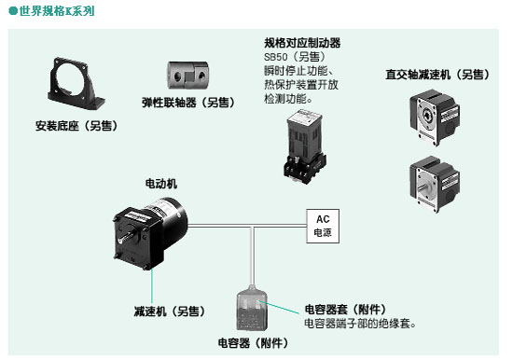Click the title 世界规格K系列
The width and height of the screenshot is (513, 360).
[56, 11]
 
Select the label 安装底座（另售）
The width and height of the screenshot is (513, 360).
[76, 126]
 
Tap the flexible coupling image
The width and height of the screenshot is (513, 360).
[187, 75]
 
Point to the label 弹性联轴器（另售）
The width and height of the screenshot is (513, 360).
[188, 103]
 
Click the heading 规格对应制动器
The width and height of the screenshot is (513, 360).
[302, 43]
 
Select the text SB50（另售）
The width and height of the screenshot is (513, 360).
[295, 57]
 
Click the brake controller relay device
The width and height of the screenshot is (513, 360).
[305, 146]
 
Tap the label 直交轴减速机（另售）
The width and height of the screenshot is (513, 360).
[437, 75]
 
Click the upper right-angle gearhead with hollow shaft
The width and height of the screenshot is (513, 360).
[435, 118]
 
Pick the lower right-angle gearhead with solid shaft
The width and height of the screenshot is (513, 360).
[435, 184]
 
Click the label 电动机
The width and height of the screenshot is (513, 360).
[161, 184]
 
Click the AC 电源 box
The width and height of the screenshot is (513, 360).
[323, 226]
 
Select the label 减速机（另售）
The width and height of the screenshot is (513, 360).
[170, 311]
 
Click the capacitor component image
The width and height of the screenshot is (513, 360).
[252, 308]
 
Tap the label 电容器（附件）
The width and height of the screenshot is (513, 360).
[253, 342]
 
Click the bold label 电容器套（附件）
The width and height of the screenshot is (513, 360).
[345, 309]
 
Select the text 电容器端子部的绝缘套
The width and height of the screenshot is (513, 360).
[357, 324]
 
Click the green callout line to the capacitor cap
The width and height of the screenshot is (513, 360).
[278, 307]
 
